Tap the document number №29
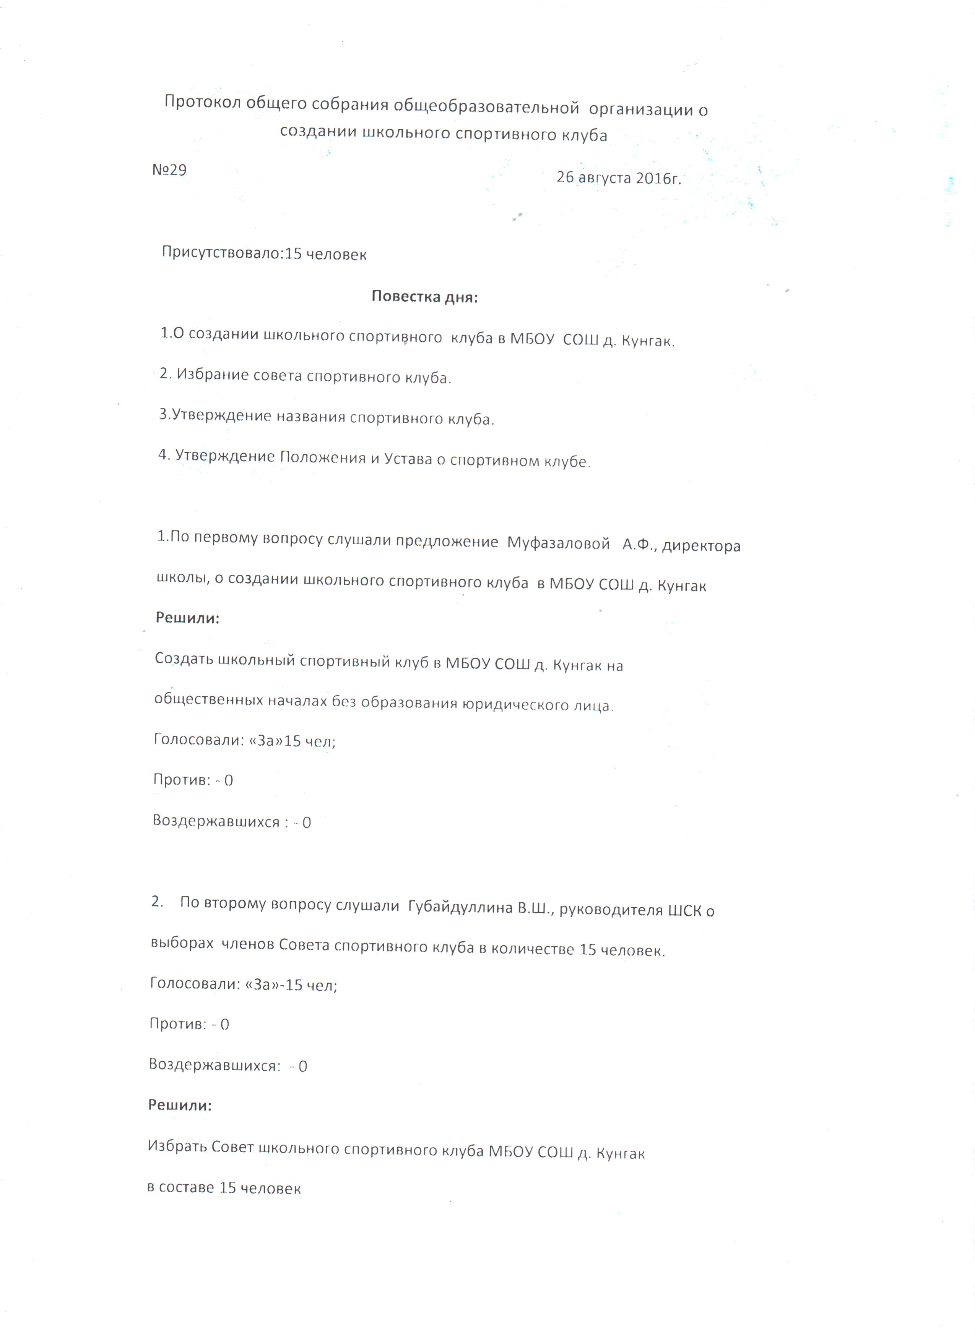pyautogui.click(x=169, y=170)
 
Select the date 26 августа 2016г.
pyautogui.click(x=619, y=178)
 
